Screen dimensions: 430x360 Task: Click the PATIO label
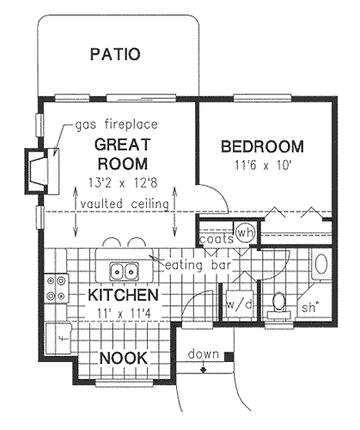(114, 56)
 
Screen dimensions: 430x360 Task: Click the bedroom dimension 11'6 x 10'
(262, 163)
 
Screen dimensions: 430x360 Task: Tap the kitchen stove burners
(58, 288)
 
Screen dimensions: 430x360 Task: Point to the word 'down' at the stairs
(204, 354)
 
